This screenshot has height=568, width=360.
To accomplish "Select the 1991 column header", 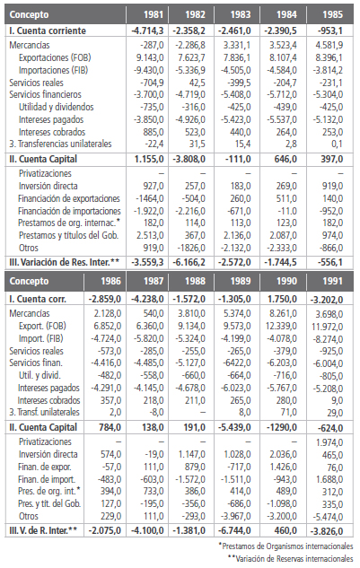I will click(x=333, y=281).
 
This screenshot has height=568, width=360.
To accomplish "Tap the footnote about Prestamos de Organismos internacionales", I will click(x=285, y=546).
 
